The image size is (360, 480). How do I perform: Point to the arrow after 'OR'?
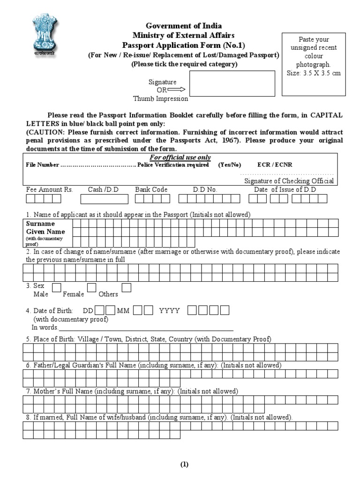coord(176,90)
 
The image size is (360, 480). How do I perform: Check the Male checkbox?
coord(56,287)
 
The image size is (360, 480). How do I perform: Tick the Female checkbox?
coord(92,287)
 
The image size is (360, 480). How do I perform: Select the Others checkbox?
coord(126,287)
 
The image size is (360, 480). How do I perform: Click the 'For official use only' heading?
coord(180,157)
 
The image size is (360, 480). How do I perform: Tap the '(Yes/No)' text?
coord(230,165)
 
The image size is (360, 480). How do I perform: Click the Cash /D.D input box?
coord(104,199)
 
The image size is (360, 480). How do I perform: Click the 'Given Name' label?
coord(45,232)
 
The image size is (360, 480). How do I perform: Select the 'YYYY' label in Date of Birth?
coord(169,310)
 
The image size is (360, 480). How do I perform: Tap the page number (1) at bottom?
coord(184,465)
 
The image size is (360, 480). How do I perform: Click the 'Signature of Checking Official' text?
coord(289,181)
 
